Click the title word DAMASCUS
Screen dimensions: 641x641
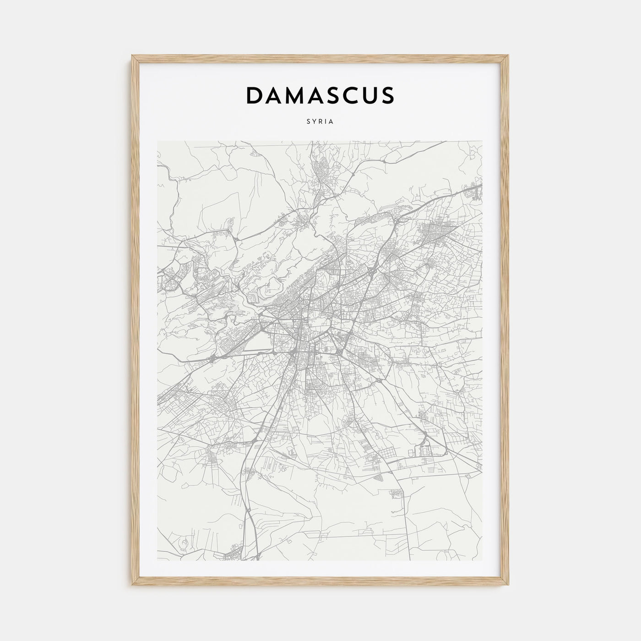320,95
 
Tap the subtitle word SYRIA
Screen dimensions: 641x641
320,122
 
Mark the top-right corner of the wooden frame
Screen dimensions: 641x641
509,56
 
